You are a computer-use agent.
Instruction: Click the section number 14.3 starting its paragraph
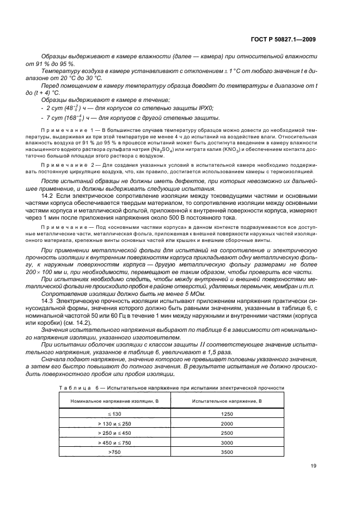[x=48, y=300]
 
